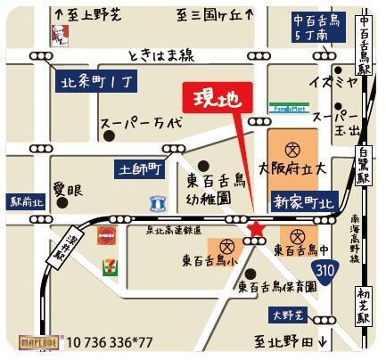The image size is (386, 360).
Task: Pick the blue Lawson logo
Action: (x=159, y=201)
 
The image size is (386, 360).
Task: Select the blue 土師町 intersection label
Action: (x=137, y=167)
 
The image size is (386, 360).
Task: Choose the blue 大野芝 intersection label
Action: (x=288, y=315)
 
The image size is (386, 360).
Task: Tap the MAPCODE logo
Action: (x=37, y=341)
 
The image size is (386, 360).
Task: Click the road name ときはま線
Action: (x=160, y=55)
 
